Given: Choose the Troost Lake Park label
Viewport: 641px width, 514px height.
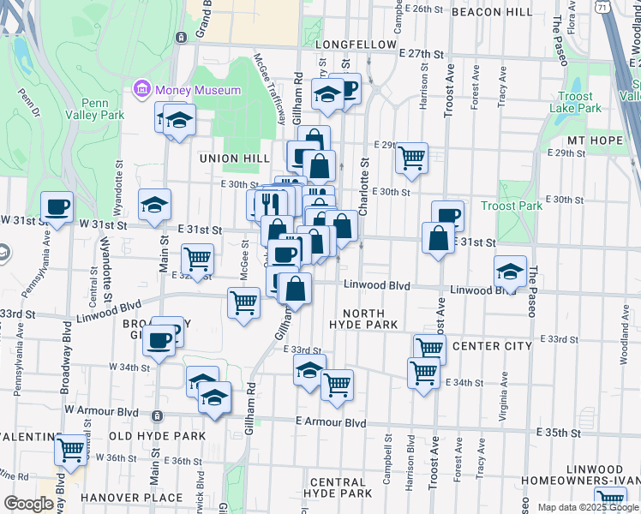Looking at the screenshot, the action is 577,103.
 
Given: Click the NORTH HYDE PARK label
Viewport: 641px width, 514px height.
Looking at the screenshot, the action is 364,319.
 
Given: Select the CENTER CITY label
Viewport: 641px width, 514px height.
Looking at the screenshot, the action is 491,346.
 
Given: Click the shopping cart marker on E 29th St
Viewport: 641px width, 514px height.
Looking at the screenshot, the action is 412,158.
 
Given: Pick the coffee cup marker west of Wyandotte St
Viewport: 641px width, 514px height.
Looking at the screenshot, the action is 57,206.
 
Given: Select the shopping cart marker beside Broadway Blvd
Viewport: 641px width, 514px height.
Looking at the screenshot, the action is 70,448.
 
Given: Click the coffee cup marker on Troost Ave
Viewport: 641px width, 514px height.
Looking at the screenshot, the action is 447,215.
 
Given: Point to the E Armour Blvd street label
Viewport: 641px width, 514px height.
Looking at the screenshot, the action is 331,423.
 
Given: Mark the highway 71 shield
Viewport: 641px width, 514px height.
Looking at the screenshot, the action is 603,7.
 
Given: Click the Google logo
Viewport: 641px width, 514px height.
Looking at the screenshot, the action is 29,504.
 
